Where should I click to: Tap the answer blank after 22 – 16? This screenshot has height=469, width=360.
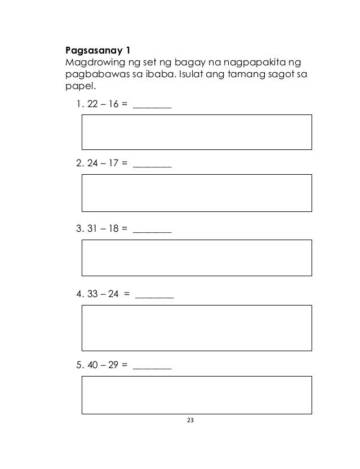click(152, 106)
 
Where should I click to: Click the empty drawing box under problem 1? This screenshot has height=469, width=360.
click(197, 132)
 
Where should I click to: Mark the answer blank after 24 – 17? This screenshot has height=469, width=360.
click(152, 166)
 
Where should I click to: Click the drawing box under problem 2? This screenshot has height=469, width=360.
click(197, 192)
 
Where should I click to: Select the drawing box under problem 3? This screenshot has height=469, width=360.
click(197, 258)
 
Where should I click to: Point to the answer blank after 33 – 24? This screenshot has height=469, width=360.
click(154, 295)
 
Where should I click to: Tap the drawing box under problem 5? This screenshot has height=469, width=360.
click(197, 396)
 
